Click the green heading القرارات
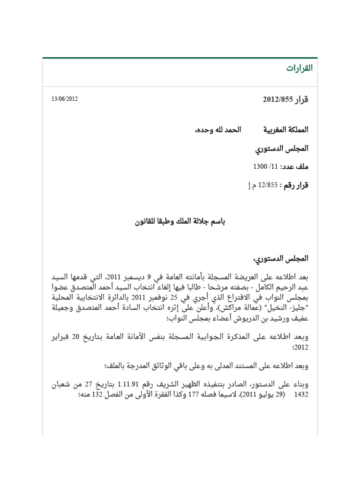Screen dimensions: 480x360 (x=299, y=68)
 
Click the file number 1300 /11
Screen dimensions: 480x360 (x=266, y=166)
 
